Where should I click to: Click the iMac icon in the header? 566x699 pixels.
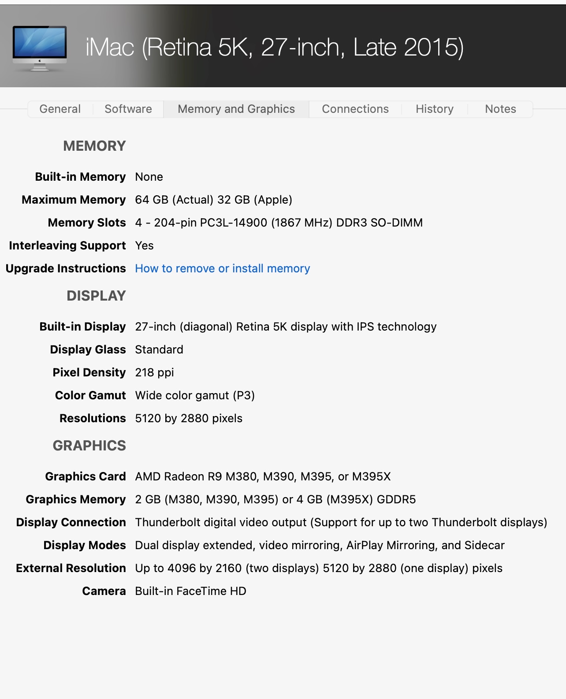click(x=40, y=48)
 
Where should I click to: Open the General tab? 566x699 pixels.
click(x=60, y=109)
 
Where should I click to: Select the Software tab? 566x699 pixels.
click(x=128, y=109)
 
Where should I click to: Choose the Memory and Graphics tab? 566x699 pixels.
click(x=236, y=109)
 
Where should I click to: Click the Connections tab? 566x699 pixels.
click(x=355, y=109)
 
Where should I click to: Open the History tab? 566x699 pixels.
click(x=434, y=109)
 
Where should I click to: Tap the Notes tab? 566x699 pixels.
click(x=500, y=109)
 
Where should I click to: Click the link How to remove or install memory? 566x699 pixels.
click(x=223, y=268)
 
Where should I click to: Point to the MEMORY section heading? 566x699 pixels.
click(x=94, y=146)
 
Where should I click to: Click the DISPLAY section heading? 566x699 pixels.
click(x=96, y=296)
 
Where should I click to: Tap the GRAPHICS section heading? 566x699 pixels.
click(x=89, y=446)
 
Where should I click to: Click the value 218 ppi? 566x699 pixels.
click(x=154, y=372)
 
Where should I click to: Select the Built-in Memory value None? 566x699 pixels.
click(x=149, y=177)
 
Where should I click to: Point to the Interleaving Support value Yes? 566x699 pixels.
click(x=144, y=245)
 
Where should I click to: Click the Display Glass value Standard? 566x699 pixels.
click(x=159, y=349)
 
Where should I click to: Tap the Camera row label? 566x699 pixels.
click(x=104, y=591)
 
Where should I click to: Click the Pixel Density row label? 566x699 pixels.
click(x=89, y=372)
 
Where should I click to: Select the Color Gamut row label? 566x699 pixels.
click(x=90, y=395)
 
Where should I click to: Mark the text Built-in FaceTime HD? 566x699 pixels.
click(x=190, y=591)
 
